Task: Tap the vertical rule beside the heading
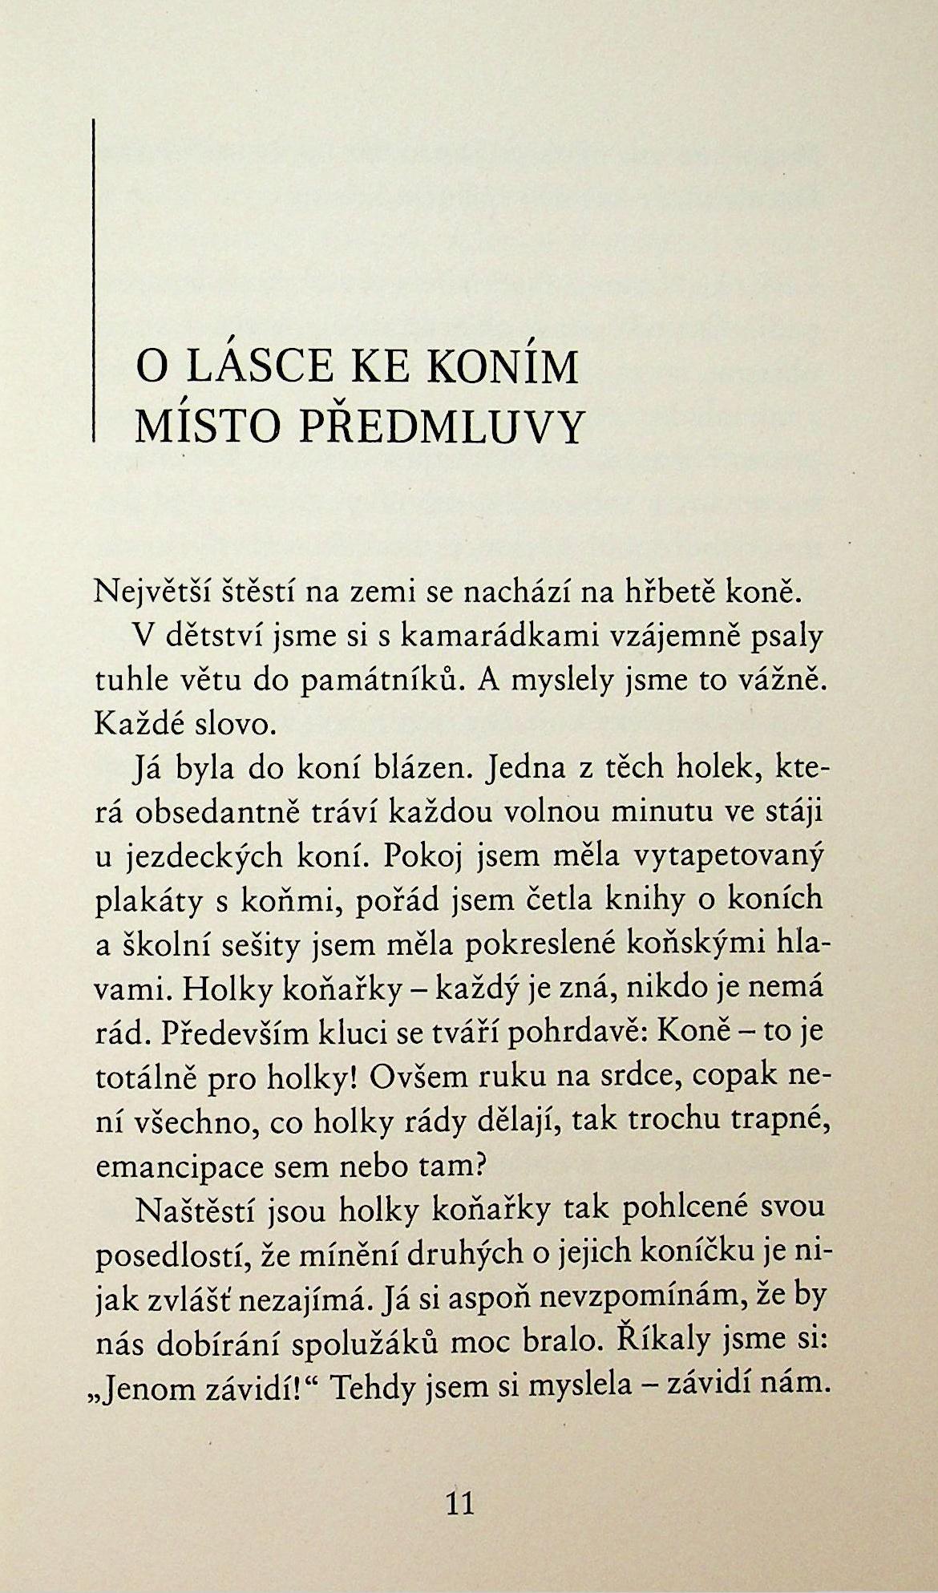tap(94, 281)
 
